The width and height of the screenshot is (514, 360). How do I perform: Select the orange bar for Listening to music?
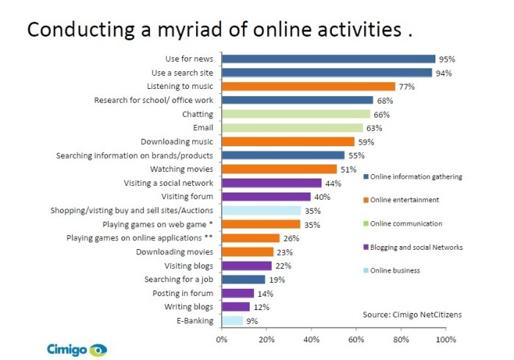(308, 87)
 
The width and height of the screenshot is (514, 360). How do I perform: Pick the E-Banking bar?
(232, 320)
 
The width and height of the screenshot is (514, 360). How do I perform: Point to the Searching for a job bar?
(243, 279)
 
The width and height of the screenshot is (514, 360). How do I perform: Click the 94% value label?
(444, 73)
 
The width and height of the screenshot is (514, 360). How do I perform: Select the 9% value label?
(252, 320)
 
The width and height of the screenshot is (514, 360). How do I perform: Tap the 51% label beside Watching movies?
(348, 169)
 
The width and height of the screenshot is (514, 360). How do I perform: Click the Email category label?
(202, 128)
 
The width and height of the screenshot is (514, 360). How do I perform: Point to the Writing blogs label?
(190, 306)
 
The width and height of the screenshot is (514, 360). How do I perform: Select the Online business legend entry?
(395, 270)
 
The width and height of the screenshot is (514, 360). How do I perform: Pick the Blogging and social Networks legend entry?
(416, 247)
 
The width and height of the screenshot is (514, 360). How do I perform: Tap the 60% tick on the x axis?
(356, 340)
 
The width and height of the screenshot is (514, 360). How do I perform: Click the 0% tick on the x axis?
(221, 340)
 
